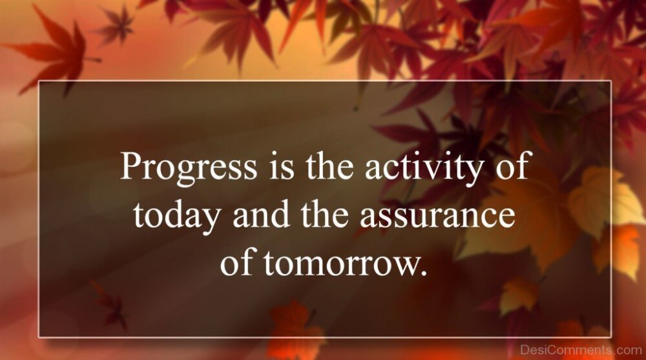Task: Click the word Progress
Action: pyautogui.click(x=188, y=167)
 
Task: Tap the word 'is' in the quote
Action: pyautogui.click(x=282, y=165)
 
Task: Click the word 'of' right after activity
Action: pyautogui.click(x=512, y=165)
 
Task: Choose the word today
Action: pyautogui.click(x=176, y=215)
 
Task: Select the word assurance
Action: pyautogui.click(x=437, y=217)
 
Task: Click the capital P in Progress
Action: pyautogui.click(x=131, y=165)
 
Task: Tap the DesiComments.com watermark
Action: pyautogui.click(x=581, y=350)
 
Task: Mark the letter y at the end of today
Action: pyautogui.click(x=210, y=220)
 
